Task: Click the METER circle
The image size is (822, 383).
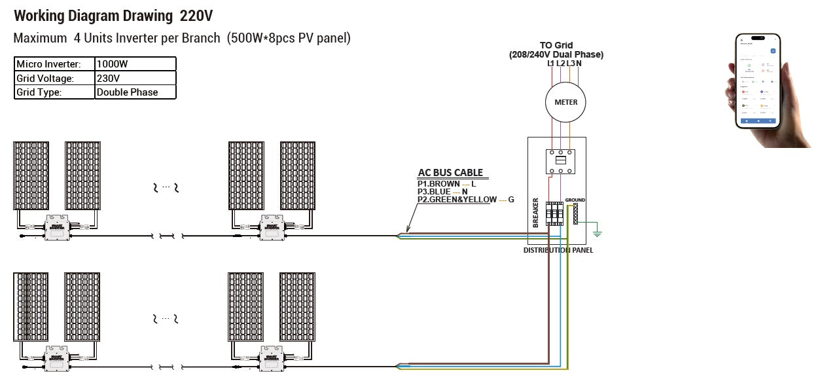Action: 566,102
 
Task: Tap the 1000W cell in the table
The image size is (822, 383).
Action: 135,64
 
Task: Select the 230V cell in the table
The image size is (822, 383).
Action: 135,78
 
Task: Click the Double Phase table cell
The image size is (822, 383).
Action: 135,92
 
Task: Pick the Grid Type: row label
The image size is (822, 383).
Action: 54,92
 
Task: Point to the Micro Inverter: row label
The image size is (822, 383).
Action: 54,64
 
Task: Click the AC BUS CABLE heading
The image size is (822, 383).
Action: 450,173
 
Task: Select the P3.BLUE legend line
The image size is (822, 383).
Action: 442,192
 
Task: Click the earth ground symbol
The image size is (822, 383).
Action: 596,232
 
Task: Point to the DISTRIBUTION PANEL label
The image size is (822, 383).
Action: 559,251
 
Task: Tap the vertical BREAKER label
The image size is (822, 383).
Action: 536,213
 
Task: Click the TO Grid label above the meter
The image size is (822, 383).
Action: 556,45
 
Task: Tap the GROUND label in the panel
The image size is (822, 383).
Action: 575,200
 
